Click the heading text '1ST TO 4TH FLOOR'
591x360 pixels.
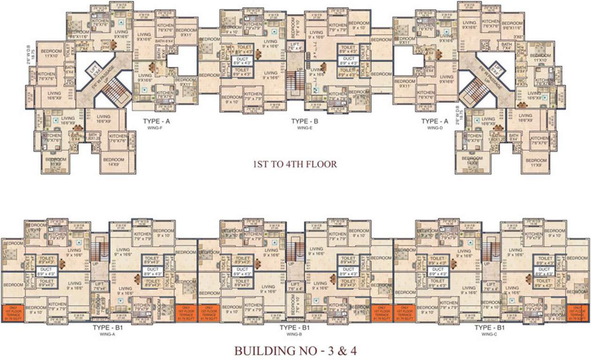pos(295,164)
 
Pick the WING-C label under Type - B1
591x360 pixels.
pos(489,334)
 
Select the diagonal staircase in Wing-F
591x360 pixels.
pos(113,92)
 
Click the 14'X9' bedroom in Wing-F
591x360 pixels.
pos(113,162)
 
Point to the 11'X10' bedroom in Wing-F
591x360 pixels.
pos(52,53)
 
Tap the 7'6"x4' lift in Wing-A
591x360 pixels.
pos(99,286)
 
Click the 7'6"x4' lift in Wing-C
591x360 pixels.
pos(491,286)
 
